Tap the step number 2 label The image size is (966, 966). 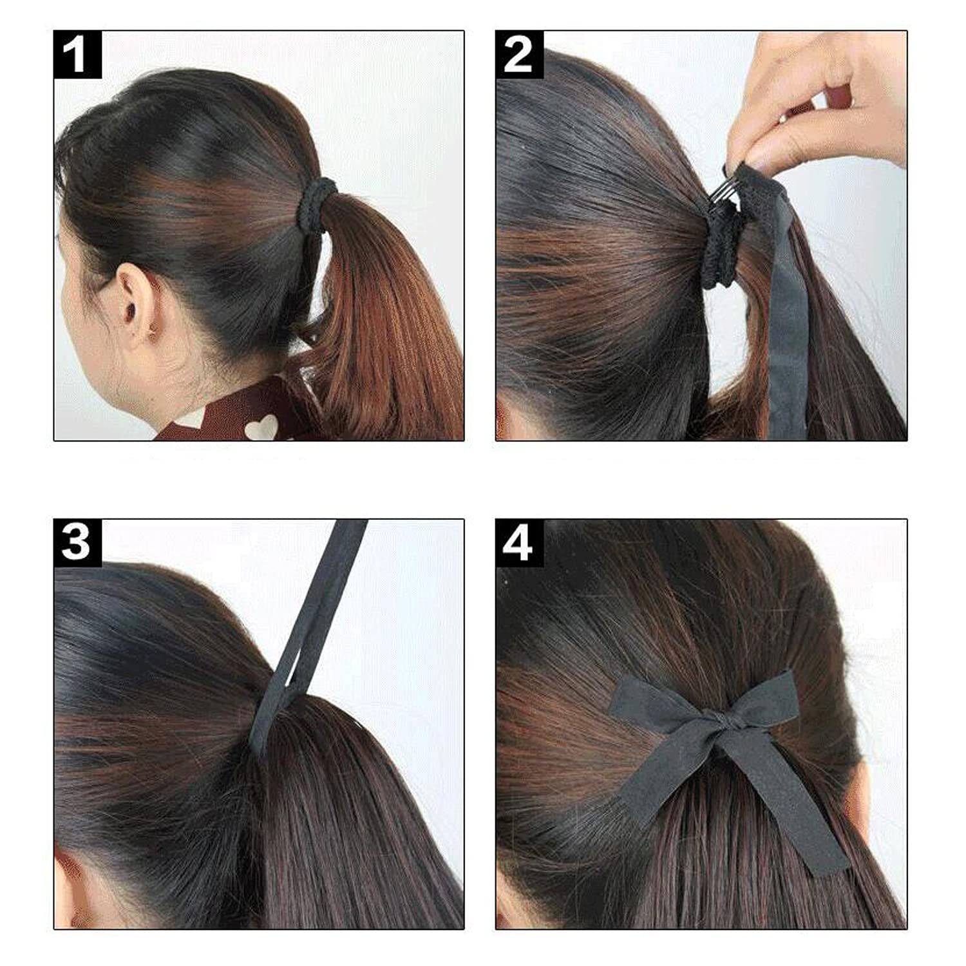pos(519,55)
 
